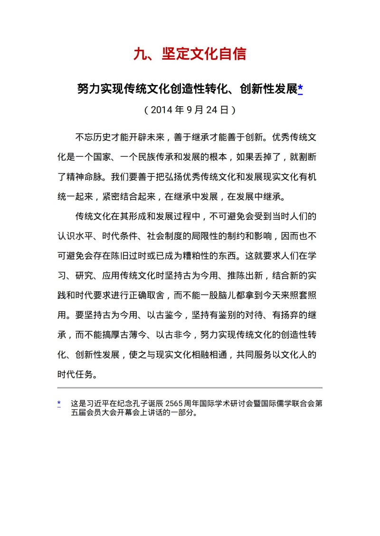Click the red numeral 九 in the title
140,54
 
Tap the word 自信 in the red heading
232,54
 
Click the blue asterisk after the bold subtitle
300,89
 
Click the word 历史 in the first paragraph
102,138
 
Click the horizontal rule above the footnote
190,388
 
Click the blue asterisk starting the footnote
59,403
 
